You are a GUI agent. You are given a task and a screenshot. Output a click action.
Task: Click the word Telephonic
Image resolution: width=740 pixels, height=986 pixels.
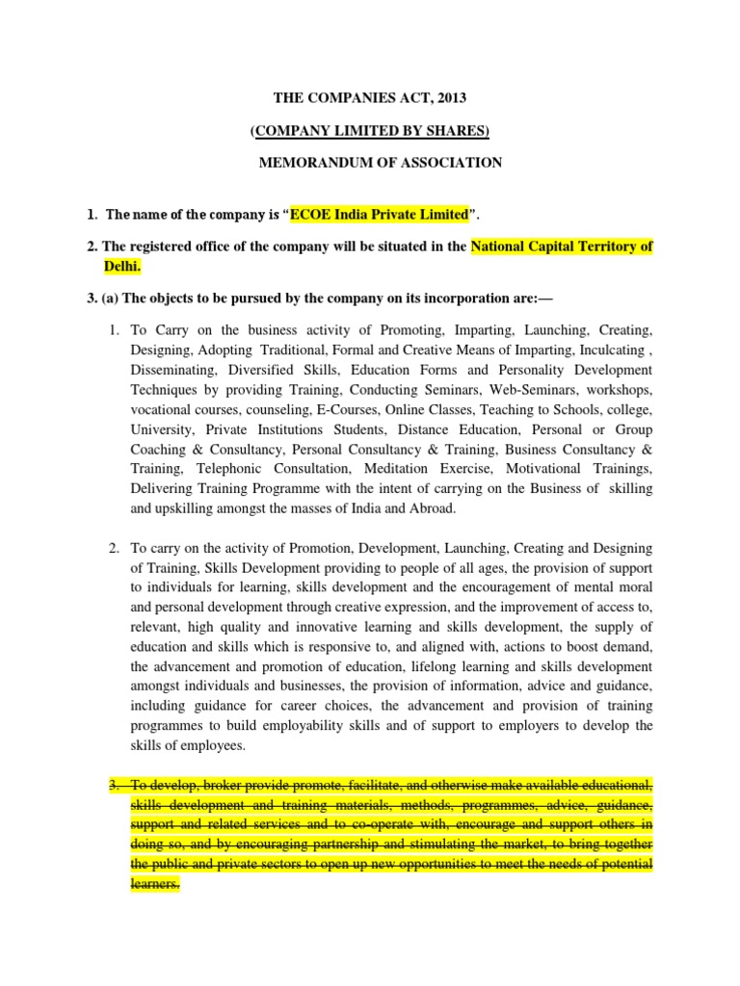click(x=230, y=469)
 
